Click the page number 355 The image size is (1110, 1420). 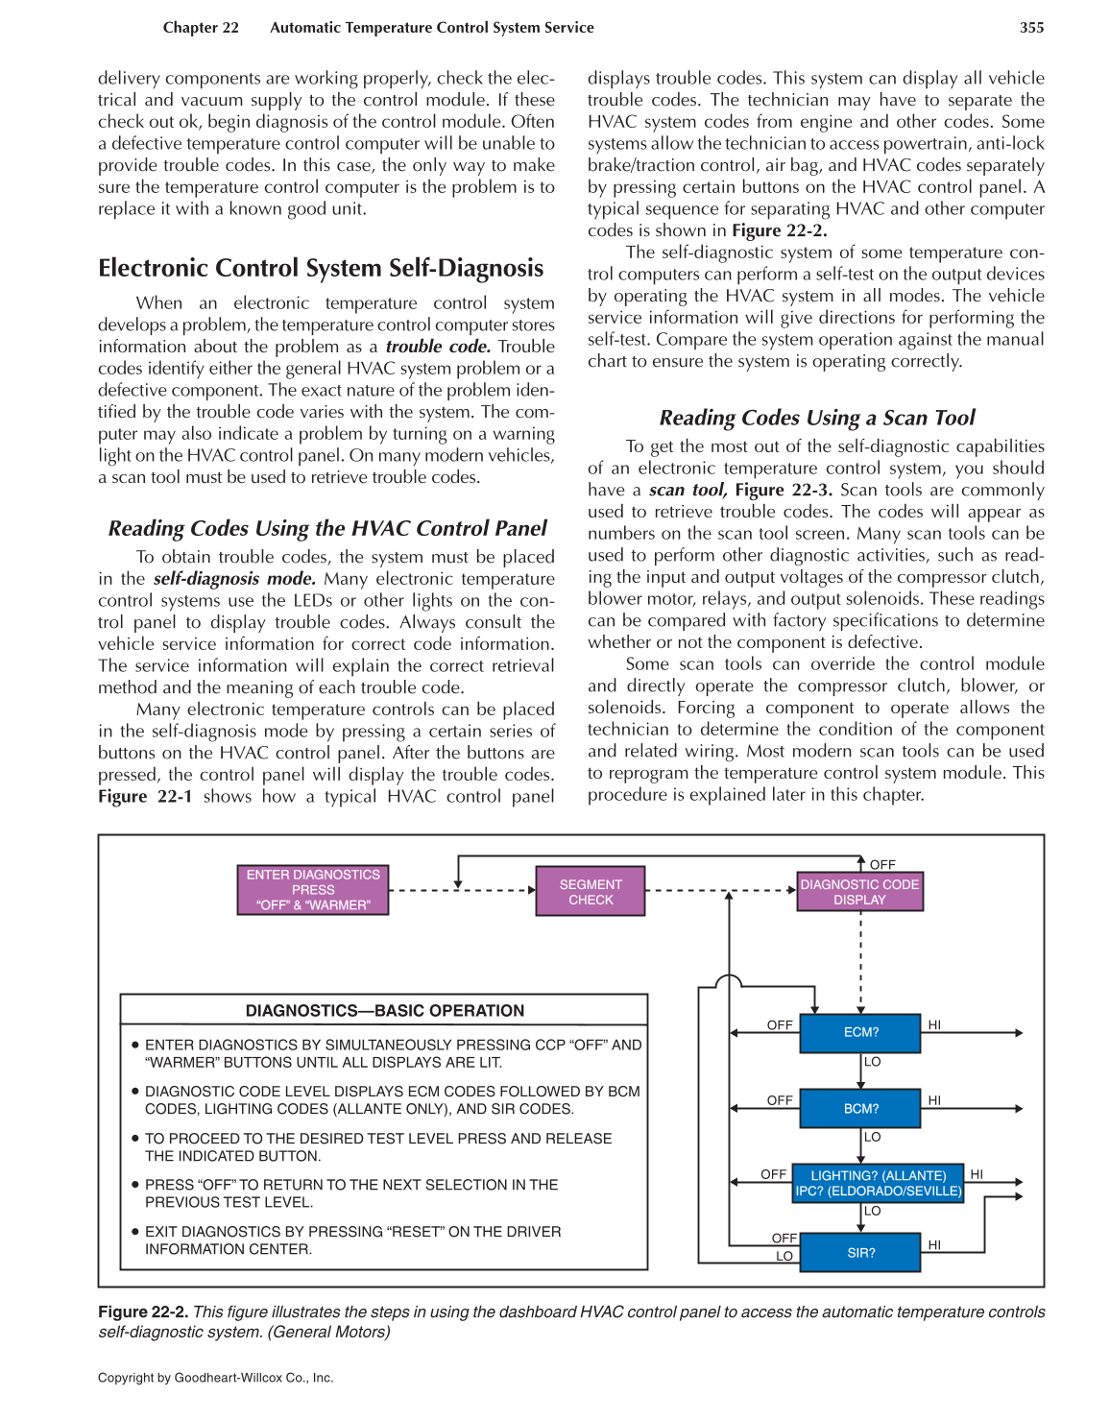[x=1031, y=28]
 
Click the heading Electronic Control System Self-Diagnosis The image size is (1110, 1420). [x=321, y=268]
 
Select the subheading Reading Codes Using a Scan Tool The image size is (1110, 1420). [x=816, y=418]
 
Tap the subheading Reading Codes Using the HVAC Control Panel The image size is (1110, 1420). [x=326, y=528]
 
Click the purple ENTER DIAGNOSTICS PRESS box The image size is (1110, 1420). [x=313, y=890]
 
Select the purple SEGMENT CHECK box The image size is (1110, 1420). [x=591, y=892]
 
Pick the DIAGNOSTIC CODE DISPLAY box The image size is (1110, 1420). [x=859, y=892]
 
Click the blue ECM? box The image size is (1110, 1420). [x=860, y=1032]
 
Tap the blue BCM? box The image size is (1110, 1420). [x=860, y=1108]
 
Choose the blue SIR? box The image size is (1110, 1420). [x=860, y=1253]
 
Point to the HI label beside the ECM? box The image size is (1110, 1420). [x=934, y=1024]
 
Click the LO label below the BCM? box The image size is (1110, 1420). [x=872, y=1137]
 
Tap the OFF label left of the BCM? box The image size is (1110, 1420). [x=780, y=1100]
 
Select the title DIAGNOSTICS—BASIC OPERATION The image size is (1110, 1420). [x=384, y=1010]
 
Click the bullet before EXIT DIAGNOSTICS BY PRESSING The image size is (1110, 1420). [x=135, y=1231]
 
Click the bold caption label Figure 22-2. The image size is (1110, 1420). [x=142, y=1312]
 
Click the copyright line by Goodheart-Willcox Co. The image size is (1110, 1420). [x=215, y=1377]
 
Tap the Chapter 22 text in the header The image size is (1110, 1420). [x=201, y=28]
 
